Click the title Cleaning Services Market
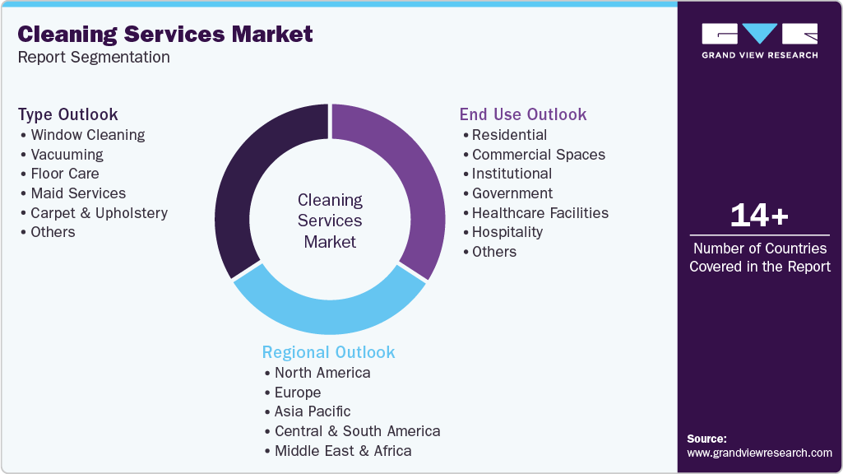tap(165, 34)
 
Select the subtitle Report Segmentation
tap(94, 58)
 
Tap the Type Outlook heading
tap(68, 114)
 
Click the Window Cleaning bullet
tap(87, 135)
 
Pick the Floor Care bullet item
tap(64, 174)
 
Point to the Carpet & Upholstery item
tap(99, 212)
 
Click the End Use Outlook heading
tap(523, 114)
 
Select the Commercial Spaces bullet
tap(538, 155)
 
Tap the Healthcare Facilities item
tap(540, 212)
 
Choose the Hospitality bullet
tap(507, 232)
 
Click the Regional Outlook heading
tap(328, 352)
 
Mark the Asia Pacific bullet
tap(313, 411)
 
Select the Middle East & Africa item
tap(343, 451)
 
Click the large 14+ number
tap(759, 216)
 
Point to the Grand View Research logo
tap(759, 40)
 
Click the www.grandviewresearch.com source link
tap(759, 453)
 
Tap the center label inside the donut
tap(330, 221)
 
